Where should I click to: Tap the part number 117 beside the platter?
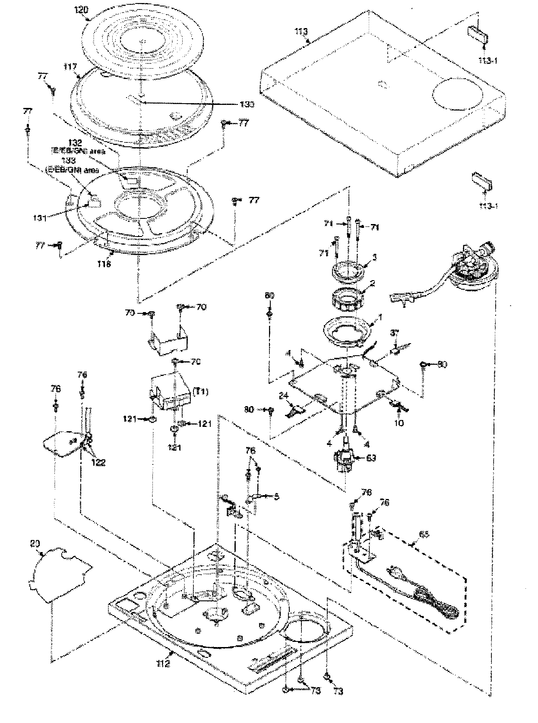70,67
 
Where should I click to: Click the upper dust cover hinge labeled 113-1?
478,34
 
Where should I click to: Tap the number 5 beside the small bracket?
276,496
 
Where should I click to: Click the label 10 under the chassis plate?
399,423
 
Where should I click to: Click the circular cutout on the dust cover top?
454,94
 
